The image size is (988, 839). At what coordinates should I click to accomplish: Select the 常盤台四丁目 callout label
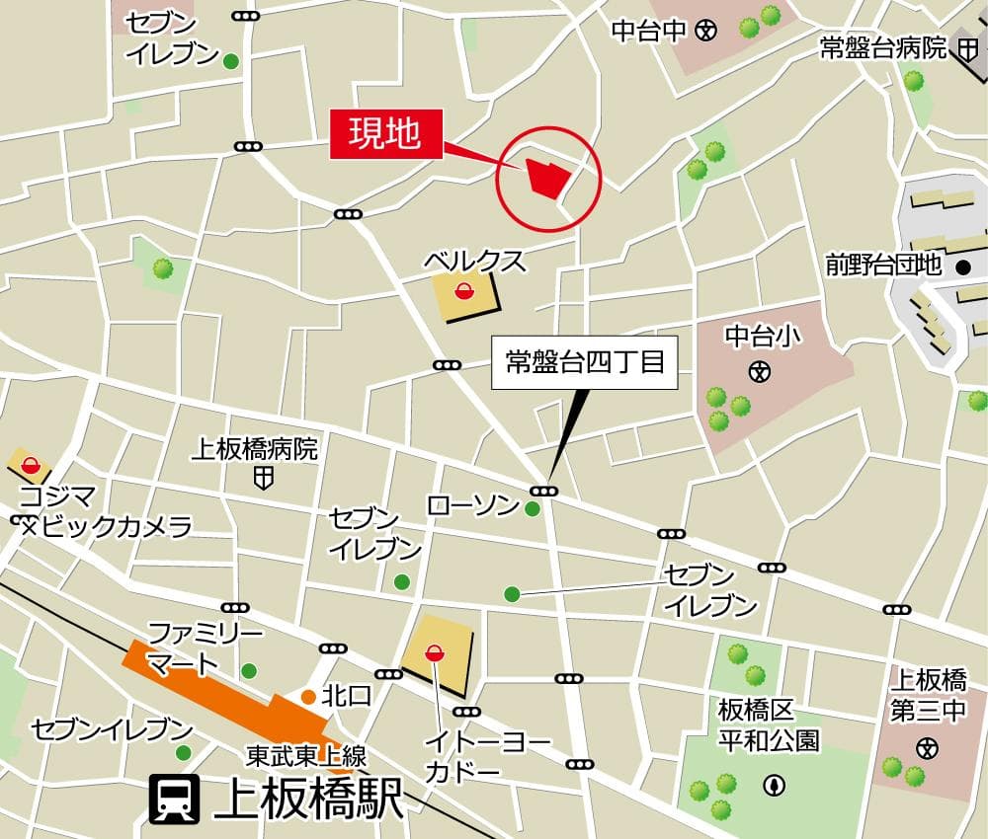point(585,362)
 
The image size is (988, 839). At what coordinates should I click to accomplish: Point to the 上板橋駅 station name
point(308,800)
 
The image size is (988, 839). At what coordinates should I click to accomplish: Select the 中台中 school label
point(648,31)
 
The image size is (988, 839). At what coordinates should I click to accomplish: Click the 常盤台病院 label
point(883,47)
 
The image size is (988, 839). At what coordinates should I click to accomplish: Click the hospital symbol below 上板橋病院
point(263,481)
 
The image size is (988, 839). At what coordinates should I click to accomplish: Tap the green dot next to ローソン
point(533,509)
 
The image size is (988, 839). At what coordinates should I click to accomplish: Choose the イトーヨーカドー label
point(475,756)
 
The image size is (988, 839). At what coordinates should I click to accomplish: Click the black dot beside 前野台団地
point(963,267)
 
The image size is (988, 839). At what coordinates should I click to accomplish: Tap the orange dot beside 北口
point(308,697)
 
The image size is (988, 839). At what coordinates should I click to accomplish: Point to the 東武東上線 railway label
point(306,757)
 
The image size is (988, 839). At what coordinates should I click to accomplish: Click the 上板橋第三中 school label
point(928,695)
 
